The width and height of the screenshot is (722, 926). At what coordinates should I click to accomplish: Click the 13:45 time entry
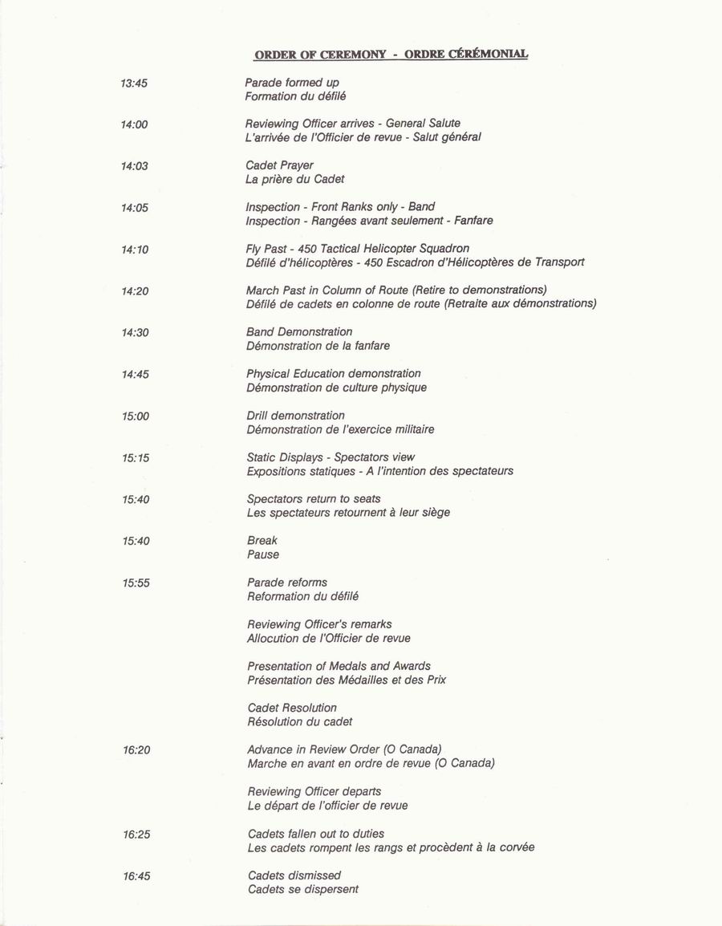coord(134,83)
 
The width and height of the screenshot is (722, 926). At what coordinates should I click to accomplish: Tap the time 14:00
coord(134,124)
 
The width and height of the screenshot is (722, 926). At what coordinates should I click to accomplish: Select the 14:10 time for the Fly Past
coord(135,250)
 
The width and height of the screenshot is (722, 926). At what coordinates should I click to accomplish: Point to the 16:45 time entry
coord(136,876)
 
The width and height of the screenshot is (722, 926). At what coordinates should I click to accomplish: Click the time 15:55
coord(136,583)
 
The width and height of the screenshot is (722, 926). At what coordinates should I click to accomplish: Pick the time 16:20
coord(136,750)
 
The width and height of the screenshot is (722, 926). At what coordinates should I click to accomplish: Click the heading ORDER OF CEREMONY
coord(320,55)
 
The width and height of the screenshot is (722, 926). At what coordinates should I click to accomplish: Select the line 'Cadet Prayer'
coord(279,165)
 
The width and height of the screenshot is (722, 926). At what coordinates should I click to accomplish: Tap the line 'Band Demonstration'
coord(299,331)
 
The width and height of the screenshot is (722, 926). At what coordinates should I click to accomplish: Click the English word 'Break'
coord(262,541)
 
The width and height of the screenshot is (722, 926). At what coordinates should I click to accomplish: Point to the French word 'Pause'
coord(263,554)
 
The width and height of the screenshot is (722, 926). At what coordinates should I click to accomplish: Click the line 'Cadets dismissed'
coord(294,875)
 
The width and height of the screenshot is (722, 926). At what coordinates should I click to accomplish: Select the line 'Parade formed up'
coord(292,82)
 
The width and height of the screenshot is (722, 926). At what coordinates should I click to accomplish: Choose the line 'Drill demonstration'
coord(296,416)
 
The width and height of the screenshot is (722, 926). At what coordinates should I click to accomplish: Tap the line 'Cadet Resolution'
coord(292,708)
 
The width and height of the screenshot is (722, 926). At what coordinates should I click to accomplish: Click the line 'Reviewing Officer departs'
coord(314,791)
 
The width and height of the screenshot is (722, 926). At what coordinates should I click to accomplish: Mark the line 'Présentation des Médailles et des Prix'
coord(347,680)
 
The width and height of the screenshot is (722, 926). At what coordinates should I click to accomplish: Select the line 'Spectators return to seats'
coord(314,499)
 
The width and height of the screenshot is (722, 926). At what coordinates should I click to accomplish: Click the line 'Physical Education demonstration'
coord(334,373)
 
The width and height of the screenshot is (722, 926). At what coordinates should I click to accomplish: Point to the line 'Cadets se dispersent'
coord(303,889)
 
